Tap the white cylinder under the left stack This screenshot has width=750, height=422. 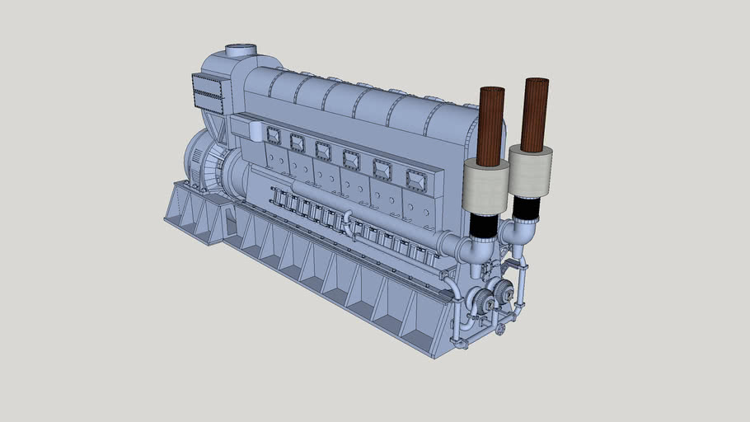pos(486,186)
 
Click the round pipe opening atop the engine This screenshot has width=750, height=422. pos(241,51)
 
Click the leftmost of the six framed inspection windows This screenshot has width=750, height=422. pos(274,136)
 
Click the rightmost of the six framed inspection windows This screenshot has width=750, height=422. pos(415,179)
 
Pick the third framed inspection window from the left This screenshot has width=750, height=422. pos(323,151)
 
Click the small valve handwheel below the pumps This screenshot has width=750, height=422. pos(501,329)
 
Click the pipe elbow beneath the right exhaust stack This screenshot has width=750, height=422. pos(518,232)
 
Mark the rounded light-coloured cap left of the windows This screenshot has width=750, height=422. pos(255,130)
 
